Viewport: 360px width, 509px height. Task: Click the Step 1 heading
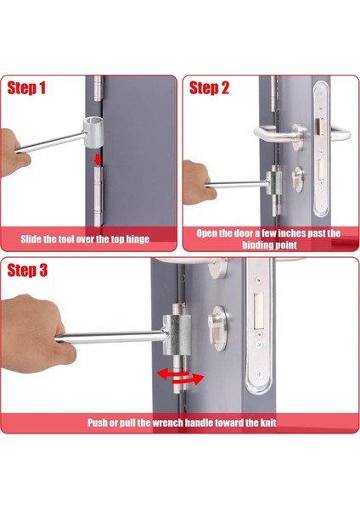coord(26,88)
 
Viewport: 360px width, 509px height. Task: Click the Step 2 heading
coord(209,88)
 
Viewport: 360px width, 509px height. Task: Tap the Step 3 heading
coord(27,270)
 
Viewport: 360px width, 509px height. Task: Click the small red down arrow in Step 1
coord(97,159)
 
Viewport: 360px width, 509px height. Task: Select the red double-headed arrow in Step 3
coord(180,377)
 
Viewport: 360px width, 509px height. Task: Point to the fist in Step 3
coord(36,334)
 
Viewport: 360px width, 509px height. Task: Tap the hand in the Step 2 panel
coord(198,182)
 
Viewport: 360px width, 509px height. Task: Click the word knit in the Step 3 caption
coord(268,422)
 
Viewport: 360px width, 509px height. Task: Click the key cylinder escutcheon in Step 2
coord(298,179)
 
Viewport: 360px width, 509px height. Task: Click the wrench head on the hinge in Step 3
coord(177,334)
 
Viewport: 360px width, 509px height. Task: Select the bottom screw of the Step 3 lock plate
coord(259,375)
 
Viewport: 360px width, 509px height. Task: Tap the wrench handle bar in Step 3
coord(110,337)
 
